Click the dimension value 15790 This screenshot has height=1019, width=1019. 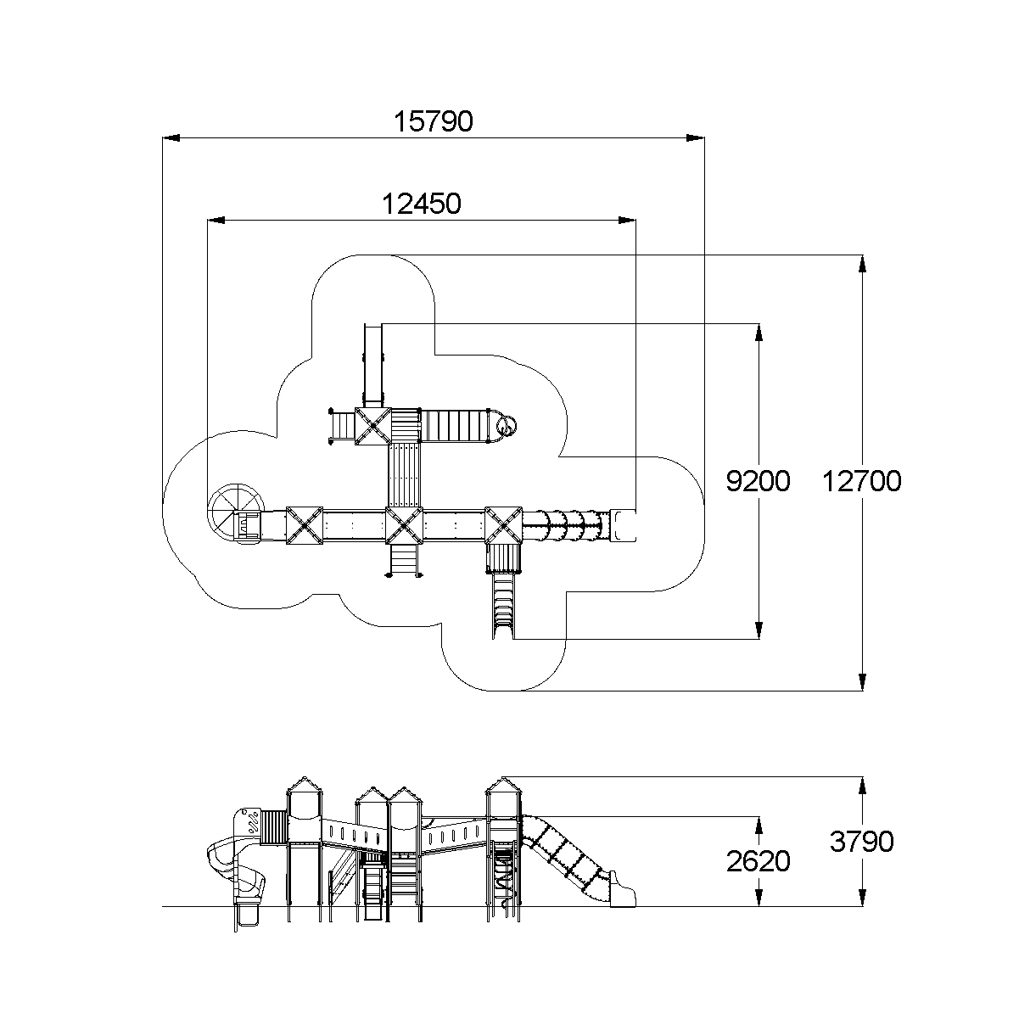(x=433, y=121)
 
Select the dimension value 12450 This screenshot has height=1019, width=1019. (x=422, y=204)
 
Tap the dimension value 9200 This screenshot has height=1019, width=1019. (x=758, y=481)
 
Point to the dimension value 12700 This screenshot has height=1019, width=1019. (x=861, y=482)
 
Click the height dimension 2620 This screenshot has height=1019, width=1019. (x=758, y=861)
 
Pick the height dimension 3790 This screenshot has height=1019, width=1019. (x=861, y=841)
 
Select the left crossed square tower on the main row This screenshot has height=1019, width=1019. (x=304, y=526)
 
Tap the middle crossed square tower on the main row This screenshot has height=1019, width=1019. (x=404, y=526)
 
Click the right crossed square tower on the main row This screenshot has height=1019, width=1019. (x=503, y=526)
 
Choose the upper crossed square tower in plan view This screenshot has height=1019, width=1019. (x=372, y=426)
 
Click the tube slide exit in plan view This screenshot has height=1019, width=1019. (x=623, y=525)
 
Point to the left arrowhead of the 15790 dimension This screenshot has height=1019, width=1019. (x=171, y=138)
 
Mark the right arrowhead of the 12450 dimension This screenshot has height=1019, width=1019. (x=627, y=220)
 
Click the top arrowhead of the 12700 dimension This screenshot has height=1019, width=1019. (x=863, y=264)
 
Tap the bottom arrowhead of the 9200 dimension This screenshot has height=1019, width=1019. (x=759, y=630)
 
